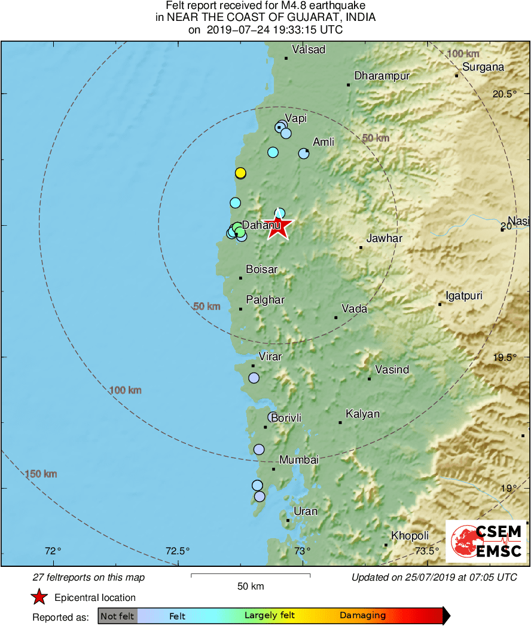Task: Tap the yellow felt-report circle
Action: (x=240, y=173)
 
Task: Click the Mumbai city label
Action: (x=299, y=460)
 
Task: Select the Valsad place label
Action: (x=309, y=50)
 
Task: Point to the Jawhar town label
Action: (x=384, y=238)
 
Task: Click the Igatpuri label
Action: (x=464, y=296)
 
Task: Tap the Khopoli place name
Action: (x=410, y=536)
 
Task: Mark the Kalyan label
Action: (x=362, y=414)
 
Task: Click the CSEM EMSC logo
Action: (x=486, y=541)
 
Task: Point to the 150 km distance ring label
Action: (x=41, y=474)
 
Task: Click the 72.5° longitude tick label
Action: (x=178, y=551)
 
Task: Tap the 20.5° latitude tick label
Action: (x=504, y=94)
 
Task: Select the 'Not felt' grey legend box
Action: (x=117, y=616)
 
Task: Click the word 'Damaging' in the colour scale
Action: (x=362, y=616)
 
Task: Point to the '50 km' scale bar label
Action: (x=250, y=587)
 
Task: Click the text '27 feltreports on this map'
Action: (x=89, y=578)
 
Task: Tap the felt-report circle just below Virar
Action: (x=254, y=378)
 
